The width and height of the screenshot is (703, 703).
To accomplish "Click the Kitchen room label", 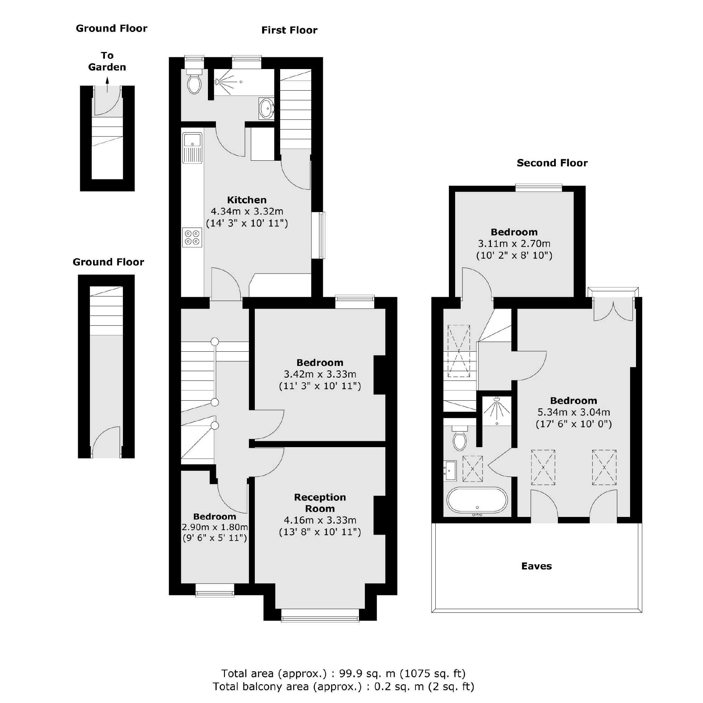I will click(x=247, y=200).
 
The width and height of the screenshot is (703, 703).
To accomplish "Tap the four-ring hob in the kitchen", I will click(x=192, y=238).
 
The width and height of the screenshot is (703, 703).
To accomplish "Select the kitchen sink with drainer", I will click(x=192, y=148).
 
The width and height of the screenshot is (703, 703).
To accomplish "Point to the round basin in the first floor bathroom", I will click(x=267, y=108).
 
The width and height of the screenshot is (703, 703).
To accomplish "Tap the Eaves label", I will click(x=536, y=566).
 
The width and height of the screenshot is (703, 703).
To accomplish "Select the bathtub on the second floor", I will click(x=477, y=501).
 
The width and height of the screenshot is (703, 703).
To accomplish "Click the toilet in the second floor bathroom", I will click(x=460, y=440).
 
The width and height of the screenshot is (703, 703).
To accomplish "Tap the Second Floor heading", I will click(x=552, y=163).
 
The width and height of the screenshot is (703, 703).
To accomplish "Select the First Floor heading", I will click(x=289, y=30).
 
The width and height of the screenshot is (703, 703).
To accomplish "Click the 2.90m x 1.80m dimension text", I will click(x=215, y=527).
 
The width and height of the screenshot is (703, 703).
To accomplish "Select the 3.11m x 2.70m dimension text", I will click(x=514, y=243).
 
